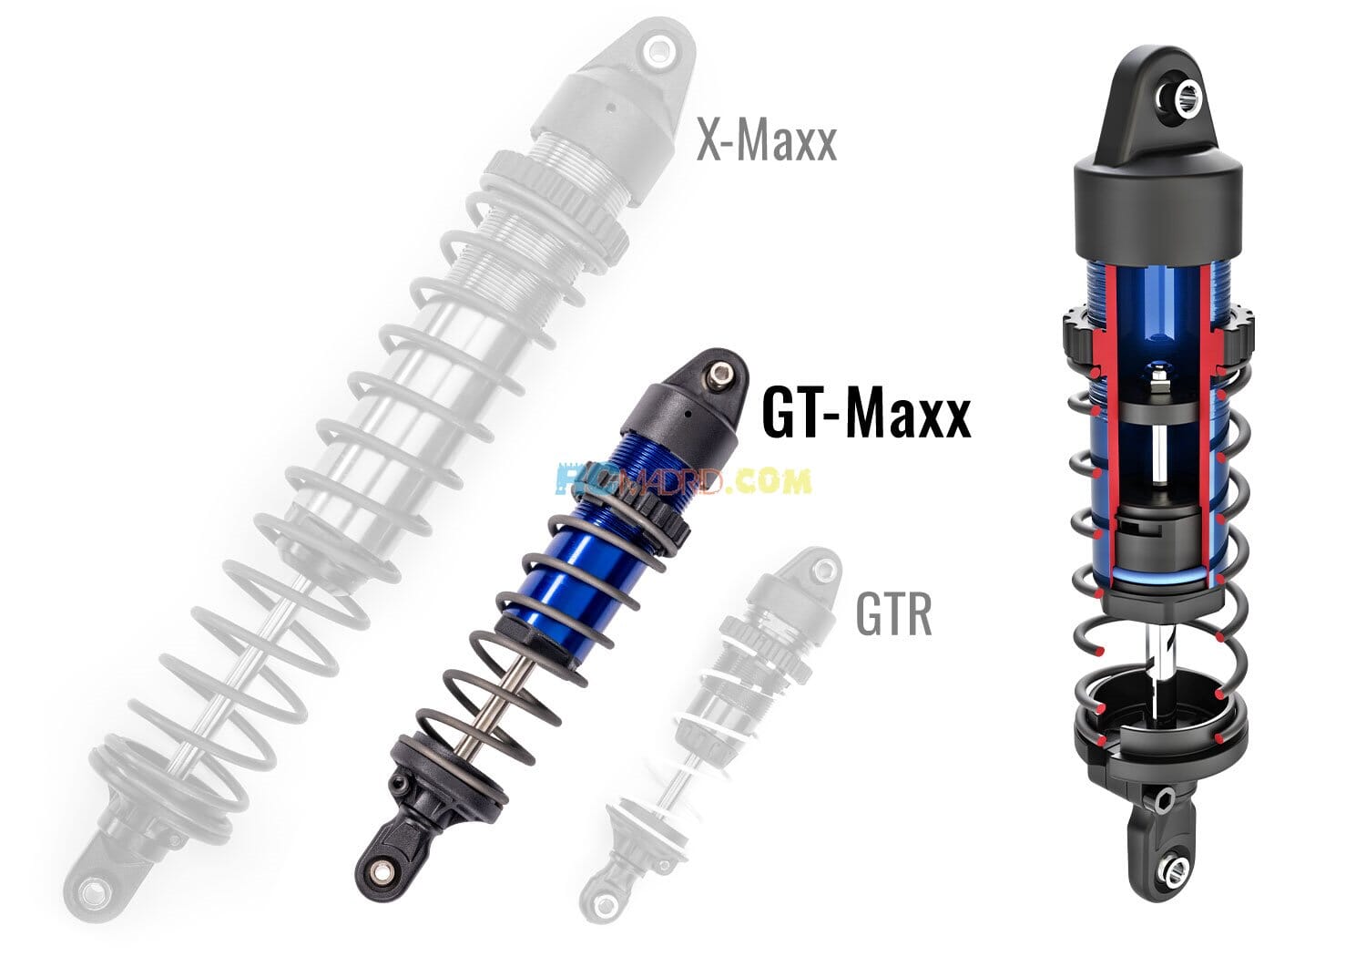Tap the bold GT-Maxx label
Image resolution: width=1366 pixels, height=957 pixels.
click(x=865, y=415)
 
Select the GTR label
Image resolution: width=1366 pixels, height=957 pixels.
click(x=893, y=615)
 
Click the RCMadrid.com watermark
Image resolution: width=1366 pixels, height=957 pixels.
click(x=682, y=480)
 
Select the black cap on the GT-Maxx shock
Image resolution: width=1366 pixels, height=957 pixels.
click(x=678, y=415)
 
